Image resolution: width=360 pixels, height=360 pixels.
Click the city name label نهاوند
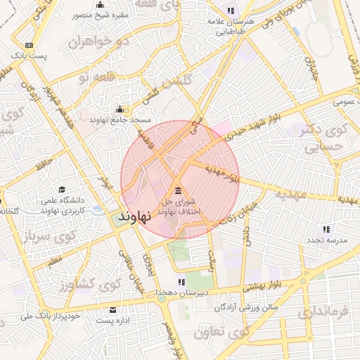click(134, 216)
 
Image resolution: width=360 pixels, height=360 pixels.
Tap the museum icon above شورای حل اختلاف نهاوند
click(176, 191)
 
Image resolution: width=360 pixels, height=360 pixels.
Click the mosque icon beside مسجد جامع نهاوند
click(120, 109)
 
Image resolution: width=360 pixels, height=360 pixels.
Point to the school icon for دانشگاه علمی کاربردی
click(62, 190)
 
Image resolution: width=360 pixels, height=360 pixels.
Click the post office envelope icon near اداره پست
click(113, 310)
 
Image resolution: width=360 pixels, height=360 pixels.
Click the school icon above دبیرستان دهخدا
click(182, 283)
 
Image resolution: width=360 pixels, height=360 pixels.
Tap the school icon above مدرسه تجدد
click(326, 229)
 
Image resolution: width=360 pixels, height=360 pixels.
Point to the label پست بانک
click(30, 54)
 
